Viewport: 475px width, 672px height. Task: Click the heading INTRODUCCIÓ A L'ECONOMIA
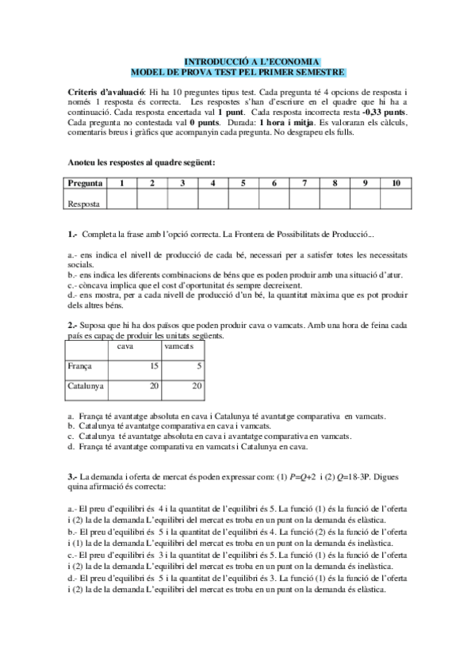tap(251, 61)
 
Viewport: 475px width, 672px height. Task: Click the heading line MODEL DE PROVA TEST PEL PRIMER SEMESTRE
tap(237, 71)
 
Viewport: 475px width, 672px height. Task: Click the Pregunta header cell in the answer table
tap(85, 184)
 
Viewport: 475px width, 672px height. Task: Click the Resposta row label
tap(84, 203)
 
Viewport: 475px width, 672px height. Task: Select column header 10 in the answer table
tap(396, 184)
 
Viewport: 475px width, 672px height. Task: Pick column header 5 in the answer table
tap(243, 184)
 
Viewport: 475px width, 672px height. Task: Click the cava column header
tap(124, 347)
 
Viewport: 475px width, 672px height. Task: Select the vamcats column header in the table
tap(178, 347)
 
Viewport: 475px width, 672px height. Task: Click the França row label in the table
tap(80, 366)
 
